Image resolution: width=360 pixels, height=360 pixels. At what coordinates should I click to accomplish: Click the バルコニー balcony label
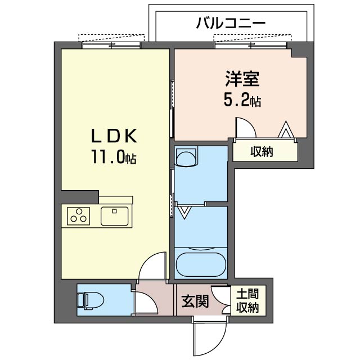231,23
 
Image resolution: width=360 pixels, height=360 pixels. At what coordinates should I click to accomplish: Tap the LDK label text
115,136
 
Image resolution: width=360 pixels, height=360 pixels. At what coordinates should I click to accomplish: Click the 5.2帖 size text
242,101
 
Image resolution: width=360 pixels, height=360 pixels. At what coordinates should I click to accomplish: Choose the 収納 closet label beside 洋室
262,151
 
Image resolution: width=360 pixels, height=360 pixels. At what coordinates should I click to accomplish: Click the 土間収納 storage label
247,301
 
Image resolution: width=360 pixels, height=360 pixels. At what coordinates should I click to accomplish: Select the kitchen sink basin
115,215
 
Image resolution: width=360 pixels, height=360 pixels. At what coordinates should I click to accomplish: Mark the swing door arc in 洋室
245,128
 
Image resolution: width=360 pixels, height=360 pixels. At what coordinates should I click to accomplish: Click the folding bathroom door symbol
184,211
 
